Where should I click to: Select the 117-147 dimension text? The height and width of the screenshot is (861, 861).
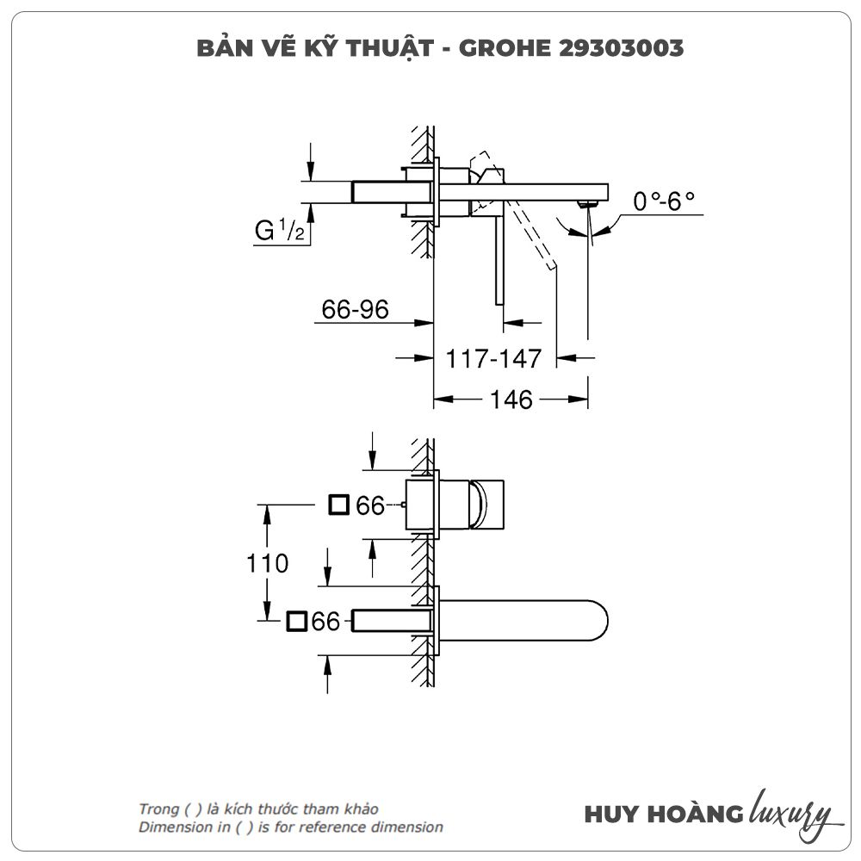(x=493, y=357)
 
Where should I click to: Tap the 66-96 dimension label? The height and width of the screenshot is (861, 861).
(x=355, y=309)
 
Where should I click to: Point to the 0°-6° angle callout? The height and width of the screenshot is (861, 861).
(x=663, y=201)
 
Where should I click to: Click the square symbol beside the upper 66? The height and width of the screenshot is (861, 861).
(x=339, y=505)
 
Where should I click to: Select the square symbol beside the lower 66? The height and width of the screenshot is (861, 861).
(x=297, y=621)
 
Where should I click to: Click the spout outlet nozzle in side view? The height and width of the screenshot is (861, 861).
(x=588, y=203)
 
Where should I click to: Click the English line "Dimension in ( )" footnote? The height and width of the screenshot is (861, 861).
(x=291, y=827)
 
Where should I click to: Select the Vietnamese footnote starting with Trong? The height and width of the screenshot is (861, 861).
(x=258, y=809)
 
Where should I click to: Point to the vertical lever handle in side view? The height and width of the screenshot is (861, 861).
(x=498, y=258)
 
